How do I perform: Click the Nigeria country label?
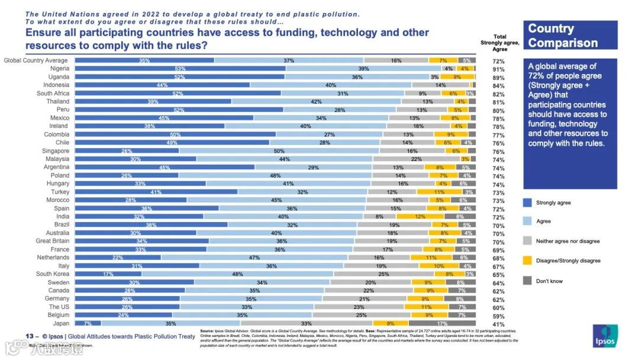coord(58,69)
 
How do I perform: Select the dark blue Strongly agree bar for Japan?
coord(88,324)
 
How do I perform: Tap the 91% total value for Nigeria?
coord(498,69)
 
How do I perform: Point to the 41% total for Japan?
coord(498,324)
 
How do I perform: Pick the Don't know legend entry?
coord(549,281)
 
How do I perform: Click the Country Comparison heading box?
coord(570,36)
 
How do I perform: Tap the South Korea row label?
coord(53,274)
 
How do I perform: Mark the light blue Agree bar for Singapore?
coord(276,151)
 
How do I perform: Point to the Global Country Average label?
coord(36,60)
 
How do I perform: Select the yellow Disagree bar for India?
coord(420,217)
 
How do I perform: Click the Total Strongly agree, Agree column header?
coord(499,43)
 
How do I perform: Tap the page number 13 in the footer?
coord(28,336)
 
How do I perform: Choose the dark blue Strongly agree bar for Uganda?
coord(179,77)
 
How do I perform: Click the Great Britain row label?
coord(52,241)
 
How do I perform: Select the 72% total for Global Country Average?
coord(498,61)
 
